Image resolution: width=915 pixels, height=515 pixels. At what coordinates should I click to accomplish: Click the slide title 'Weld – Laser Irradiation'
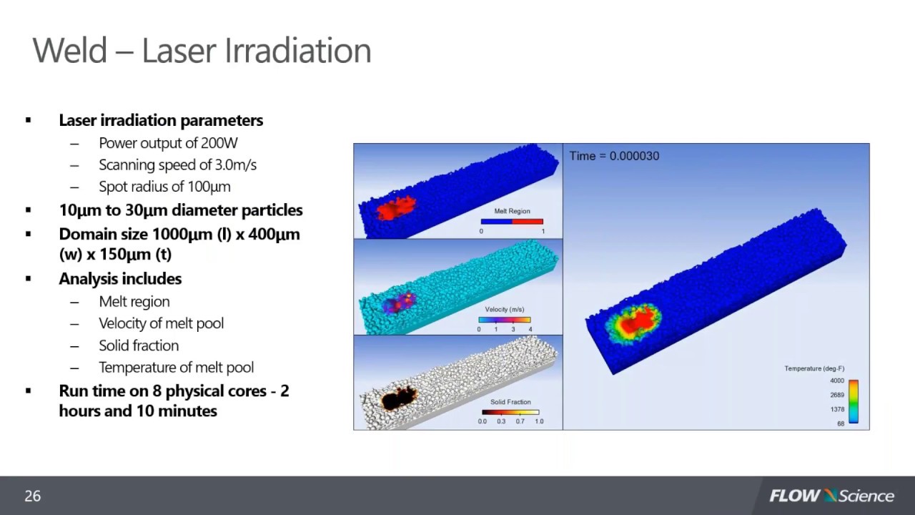tap(202, 51)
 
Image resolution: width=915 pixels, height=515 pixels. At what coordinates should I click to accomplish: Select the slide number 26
tap(33, 496)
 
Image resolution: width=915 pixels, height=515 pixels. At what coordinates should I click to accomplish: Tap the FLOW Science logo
tap(831, 496)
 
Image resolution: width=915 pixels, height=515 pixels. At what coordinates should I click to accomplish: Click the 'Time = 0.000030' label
tap(614, 156)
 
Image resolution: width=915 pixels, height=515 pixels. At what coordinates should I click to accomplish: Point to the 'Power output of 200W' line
tap(168, 143)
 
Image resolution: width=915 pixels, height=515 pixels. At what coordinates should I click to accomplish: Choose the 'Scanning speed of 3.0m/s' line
tap(177, 165)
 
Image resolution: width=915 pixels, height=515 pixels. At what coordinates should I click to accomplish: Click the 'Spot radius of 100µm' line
tap(164, 187)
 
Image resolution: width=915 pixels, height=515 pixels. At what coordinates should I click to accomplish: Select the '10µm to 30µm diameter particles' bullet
tap(180, 210)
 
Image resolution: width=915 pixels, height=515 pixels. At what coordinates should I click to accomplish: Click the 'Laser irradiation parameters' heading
tap(161, 120)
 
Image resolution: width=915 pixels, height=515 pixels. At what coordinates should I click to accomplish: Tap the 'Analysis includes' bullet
tap(120, 279)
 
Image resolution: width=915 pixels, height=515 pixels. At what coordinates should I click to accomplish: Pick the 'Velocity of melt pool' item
tap(161, 323)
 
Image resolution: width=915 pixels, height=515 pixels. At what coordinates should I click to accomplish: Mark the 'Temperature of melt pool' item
tap(176, 368)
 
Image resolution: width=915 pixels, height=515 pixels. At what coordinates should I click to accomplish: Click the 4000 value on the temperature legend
tap(837, 381)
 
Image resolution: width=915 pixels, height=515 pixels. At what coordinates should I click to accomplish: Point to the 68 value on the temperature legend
tap(840, 423)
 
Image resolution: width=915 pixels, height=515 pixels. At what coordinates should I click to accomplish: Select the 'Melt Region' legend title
tap(511, 212)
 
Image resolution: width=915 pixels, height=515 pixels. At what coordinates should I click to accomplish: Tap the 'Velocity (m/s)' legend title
tap(505, 310)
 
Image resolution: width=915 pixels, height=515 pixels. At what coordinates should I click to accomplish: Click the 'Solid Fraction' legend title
tap(510, 402)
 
